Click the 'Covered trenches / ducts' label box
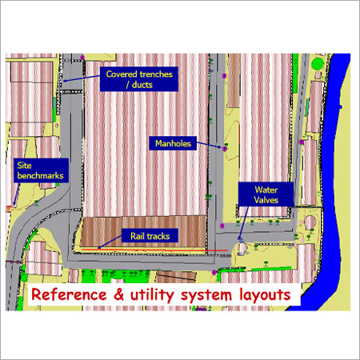[140, 79]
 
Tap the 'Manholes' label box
[171, 143]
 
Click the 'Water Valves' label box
[266, 195]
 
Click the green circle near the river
[317, 63]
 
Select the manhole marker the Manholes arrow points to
[226, 148]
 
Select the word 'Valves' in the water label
[266, 200]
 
